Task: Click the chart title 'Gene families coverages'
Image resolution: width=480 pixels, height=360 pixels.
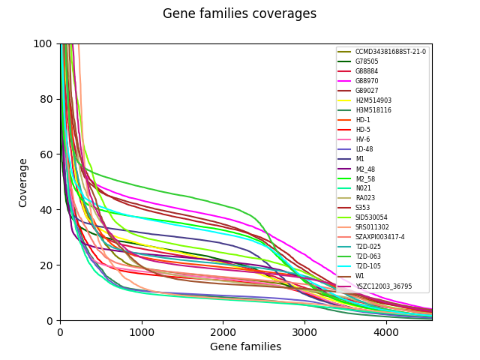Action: pyautogui.click(x=239, y=14)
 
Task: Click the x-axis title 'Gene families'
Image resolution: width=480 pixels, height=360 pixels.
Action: pyautogui.click(x=245, y=346)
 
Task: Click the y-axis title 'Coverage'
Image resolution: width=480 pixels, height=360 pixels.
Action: pyautogui.click(x=23, y=182)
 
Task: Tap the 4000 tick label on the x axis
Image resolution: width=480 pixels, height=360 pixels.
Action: pyautogui.click(x=385, y=331)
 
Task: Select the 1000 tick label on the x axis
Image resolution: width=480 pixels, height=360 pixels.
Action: pyautogui.click(x=142, y=331)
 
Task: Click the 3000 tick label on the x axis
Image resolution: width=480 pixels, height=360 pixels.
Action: pyautogui.click(x=304, y=331)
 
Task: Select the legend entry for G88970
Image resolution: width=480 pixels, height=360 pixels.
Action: pyautogui.click(x=367, y=81)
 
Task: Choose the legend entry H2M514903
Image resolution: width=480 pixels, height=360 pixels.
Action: pyautogui.click(x=373, y=100)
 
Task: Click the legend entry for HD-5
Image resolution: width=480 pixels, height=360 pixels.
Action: pyautogui.click(x=363, y=130)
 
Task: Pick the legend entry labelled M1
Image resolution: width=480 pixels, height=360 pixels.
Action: pyautogui.click(x=360, y=159)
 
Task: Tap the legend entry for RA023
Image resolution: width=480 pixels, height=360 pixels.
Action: pyautogui.click(x=364, y=198)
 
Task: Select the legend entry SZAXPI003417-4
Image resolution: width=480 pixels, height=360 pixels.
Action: pyautogui.click(x=379, y=237)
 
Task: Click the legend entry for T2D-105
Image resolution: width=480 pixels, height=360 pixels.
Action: pyautogui.click(x=367, y=266)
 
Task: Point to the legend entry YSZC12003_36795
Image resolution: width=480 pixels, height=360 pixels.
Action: pyautogui.click(x=383, y=286)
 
